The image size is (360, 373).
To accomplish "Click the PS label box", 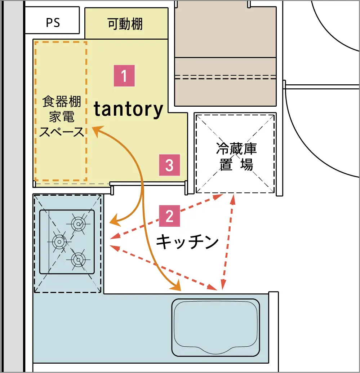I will [52, 22].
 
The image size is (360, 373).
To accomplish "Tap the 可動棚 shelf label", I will [125, 24].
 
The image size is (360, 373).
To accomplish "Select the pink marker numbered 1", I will [124, 76].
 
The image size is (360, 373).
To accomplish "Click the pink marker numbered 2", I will [169, 216].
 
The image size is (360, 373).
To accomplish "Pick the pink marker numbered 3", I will [169, 165].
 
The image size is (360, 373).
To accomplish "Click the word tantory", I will [129, 109].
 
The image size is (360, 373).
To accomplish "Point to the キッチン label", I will [187, 242].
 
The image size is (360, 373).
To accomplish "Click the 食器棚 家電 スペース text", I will [61, 116].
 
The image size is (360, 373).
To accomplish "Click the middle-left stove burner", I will [59, 241].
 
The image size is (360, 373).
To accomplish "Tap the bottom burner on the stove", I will [78, 259].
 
